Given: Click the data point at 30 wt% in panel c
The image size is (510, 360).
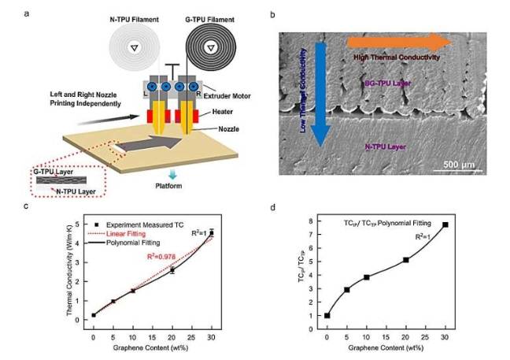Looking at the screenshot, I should [211, 232].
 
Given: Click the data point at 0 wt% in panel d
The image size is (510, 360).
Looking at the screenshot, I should [327, 316].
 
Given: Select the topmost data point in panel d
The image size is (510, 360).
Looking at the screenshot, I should [445, 225].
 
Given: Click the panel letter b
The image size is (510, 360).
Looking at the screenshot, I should [272, 14].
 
